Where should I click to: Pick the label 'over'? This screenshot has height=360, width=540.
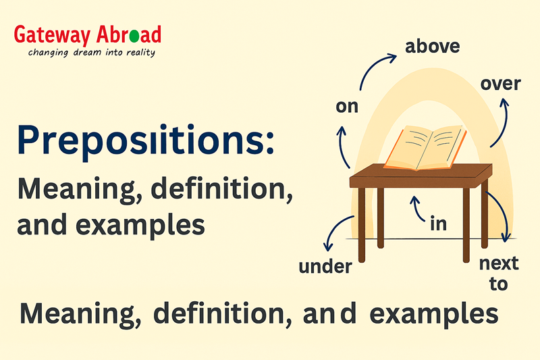[x=500, y=84]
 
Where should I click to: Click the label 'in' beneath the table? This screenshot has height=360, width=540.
[x=438, y=224]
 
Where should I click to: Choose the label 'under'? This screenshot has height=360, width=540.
[x=325, y=266]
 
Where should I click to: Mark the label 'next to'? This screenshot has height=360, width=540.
[x=498, y=273]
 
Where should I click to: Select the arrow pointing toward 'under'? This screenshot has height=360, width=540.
[x=335, y=233]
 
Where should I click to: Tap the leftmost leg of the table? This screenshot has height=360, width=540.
[x=362, y=224]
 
